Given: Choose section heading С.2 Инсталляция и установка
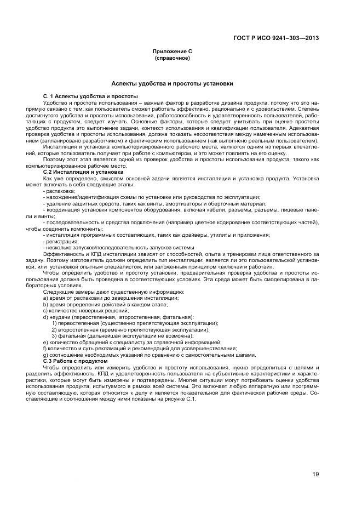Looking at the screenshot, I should coord(83,172).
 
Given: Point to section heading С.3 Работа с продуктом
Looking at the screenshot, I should coord(76,361).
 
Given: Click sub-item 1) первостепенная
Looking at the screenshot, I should coord(134,323).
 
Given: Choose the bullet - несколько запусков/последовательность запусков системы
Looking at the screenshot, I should coord(118,247).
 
